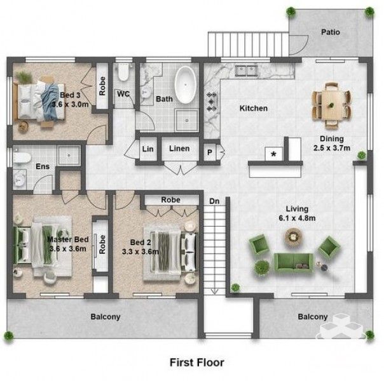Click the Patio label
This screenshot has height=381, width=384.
(x=331, y=32)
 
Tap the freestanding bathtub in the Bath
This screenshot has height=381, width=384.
(x=186, y=84)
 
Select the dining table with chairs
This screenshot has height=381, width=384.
(x=331, y=105)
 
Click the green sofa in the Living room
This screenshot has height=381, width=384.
(x=293, y=263)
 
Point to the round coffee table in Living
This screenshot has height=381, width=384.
(x=293, y=236)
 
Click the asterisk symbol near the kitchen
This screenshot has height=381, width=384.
(x=273, y=154)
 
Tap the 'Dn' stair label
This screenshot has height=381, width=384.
(x=214, y=201)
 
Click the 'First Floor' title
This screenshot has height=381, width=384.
(x=197, y=363)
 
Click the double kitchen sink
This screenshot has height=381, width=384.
(x=247, y=70)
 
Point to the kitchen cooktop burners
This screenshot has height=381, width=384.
(x=211, y=102)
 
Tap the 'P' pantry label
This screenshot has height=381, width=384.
(x=210, y=152)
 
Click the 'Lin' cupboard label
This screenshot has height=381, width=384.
(x=148, y=149)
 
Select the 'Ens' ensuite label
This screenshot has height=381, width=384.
(x=43, y=166)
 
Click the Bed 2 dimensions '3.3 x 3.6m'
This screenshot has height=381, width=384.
(x=141, y=251)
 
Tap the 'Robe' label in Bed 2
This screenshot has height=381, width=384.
(x=170, y=200)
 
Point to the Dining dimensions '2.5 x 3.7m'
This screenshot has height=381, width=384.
(x=332, y=148)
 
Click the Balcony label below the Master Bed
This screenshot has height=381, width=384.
(x=106, y=317)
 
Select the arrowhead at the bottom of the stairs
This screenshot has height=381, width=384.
(x=214, y=291)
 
